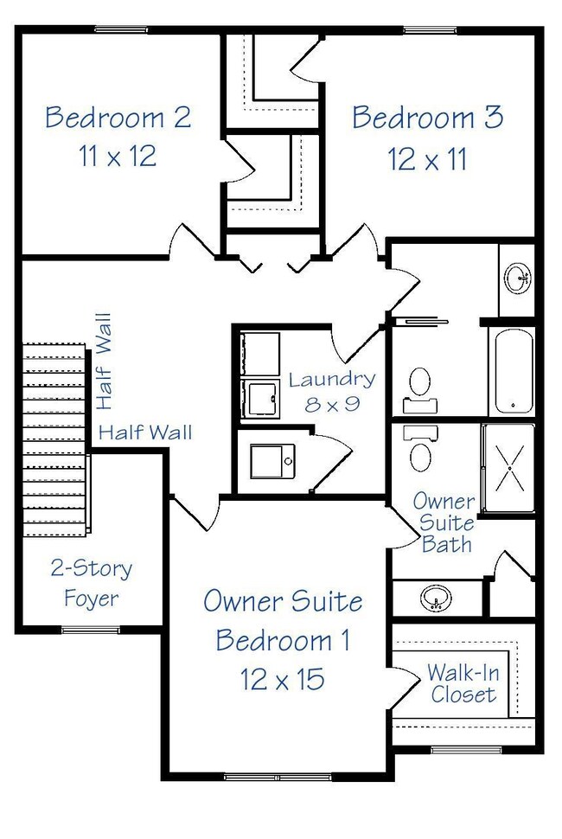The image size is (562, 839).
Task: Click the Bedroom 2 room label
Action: [x=118, y=117]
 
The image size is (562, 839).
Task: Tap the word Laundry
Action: [x=332, y=379]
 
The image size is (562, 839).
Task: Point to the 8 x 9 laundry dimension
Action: [x=332, y=403]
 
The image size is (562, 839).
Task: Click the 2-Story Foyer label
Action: [x=91, y=583]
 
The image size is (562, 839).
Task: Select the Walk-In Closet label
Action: [x=463, y=683]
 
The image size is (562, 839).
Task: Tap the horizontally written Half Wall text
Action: [x=145, y=432]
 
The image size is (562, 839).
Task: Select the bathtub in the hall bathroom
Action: [x=514, y=370]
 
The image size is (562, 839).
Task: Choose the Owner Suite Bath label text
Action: [x=443, y=522]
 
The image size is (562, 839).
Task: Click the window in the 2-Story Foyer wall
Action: [x=90, y=630]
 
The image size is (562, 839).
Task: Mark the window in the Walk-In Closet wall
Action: [x=456, y=749]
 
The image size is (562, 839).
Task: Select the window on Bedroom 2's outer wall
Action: [x=121, y=30]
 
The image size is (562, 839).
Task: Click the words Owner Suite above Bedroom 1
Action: [x=283, y=601]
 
